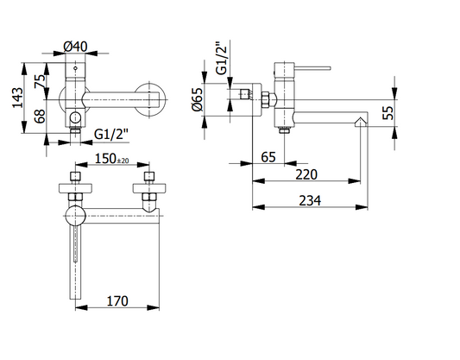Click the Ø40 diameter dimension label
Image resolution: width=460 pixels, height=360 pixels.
[x=75, y=47]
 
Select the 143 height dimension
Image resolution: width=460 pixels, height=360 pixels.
[x=17, y=98]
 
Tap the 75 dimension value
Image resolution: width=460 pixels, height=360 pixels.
[x=41, y=81]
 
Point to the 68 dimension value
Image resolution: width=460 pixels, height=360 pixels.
[x=41, y=116]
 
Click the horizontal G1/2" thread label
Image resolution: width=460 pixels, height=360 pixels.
[x=111, y=135]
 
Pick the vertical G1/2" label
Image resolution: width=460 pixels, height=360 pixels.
[x=222, y=58]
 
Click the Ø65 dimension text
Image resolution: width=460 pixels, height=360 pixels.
[x=197, y=99]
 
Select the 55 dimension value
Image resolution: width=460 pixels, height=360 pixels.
[x=388, y=113]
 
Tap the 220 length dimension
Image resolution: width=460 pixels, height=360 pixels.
[x=306, y=174]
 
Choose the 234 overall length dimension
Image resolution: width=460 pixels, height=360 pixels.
[x=310, y=200]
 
